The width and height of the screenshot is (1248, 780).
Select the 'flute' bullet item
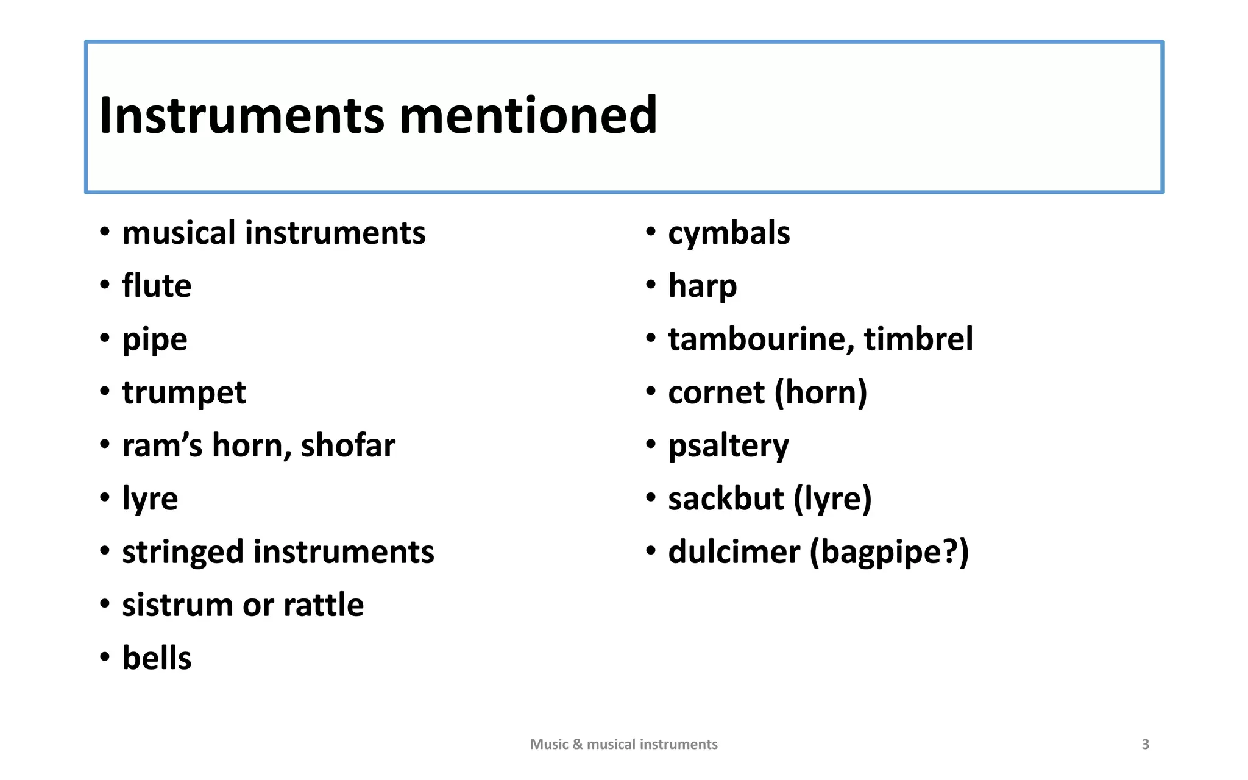click(x=157, y=286)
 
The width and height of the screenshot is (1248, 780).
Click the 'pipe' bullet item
click(x=155, y=340)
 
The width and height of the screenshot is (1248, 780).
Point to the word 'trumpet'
click(x=184, y=392)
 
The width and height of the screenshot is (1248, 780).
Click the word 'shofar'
click(x=348, y=445)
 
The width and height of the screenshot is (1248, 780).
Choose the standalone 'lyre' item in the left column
click(x=150, y=499)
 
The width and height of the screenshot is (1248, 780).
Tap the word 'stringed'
click(x=183, y=552)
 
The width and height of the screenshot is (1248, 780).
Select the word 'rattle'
click(x=324, y=605)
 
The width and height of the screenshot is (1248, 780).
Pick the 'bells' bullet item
click(x=157, y=658)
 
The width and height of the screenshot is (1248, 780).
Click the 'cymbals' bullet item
click(x=729, y=233)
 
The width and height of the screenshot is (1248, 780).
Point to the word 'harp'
click(x=703, y=286)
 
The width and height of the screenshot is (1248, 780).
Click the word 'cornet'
click(x=716, y=392)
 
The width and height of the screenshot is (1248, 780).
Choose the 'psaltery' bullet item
click(x=728, y=446)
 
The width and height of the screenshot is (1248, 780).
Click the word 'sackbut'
click(x=726, y=499)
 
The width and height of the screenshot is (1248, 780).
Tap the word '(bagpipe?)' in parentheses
click(x=889, y=552)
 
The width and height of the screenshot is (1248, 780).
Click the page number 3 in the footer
click(x=1145, y=744)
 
